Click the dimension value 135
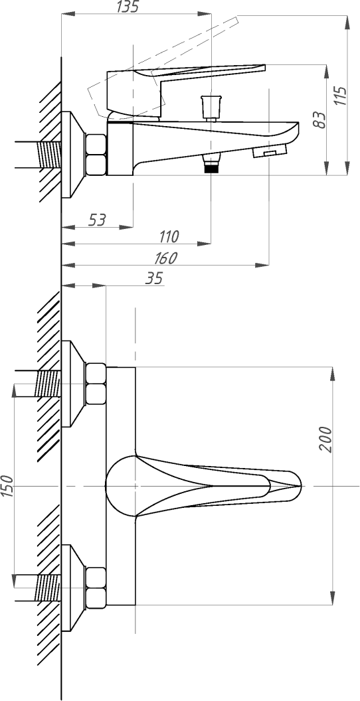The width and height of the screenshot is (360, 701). click(x=128, y=7)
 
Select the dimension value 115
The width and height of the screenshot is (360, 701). click(x=340, y=96)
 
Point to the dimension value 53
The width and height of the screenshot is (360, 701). click(x=96, y=220)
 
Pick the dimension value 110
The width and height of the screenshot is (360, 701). click(x=169, y=236)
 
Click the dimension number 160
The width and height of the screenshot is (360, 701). click(x=165, y=258)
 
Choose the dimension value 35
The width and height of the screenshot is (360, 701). click(x=154, y=278)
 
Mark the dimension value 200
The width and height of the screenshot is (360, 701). click(x=326, y=439)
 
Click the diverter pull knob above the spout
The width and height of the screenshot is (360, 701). click(x=211, y=108)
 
